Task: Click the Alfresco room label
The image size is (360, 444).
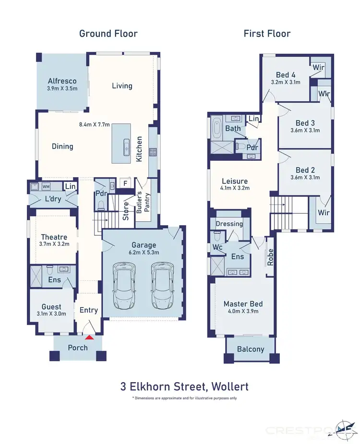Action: pos(62,81)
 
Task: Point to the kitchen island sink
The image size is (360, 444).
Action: pos(126,145)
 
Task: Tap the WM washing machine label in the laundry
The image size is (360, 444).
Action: pos(47,186)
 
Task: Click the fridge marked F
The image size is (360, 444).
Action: pos(125,183)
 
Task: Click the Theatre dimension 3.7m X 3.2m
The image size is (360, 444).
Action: pos(54,244)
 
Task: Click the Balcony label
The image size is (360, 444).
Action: pos(251,349)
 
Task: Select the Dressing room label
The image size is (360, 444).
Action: pos(229,224)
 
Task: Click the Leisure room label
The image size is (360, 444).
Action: pos(235,181)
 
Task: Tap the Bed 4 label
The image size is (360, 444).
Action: pos(286,74)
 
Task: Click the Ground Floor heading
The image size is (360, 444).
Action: pos(108,33)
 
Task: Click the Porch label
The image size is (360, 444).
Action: pos(78,347)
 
